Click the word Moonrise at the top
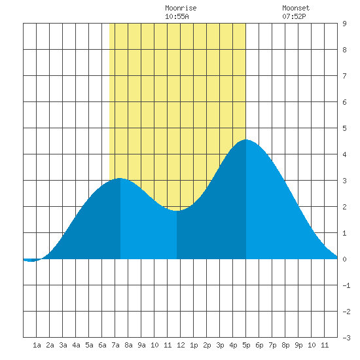click(x=181, y=8)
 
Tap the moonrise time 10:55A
click(x=177, y=16)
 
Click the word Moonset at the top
click(x=296, y=8)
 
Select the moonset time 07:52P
click(x=294, y=16)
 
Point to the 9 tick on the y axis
click(x=344, y=24)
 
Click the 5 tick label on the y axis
click(x=344, y=128)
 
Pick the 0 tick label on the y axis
click(x=344, y=259)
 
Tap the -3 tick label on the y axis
click(x=346, y=338)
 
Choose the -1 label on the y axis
click(x=346, y=285)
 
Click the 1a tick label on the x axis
click(x=37, y=345)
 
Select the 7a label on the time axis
click(x=115, y=345)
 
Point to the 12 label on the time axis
click(x=181, y=345)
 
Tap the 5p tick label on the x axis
click(x=246, y=345)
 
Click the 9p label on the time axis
click(x=298, y=345)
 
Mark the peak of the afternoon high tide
click(x=246, y=139)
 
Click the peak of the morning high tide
click(x=120, y=178)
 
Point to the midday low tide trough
click(x=177, y=211)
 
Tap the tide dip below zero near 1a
click(x=31, y=261)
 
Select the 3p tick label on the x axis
click(x=220, y=345)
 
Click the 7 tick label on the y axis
click(x=344, y=76)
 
